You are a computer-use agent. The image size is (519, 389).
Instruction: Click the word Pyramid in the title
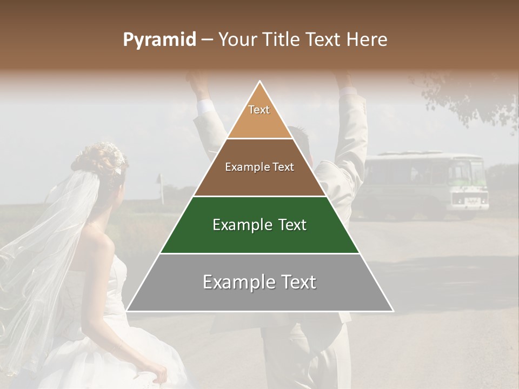click(159, 40)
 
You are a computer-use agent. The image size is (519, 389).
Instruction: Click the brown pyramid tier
click(259, 167)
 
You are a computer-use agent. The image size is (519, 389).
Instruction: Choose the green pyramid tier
click(259, 225)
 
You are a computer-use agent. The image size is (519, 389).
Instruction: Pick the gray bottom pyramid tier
click(259, 282)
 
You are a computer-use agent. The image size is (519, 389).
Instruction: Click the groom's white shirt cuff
click(205, 105)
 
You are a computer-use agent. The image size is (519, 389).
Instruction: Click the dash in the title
click(207, 40)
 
